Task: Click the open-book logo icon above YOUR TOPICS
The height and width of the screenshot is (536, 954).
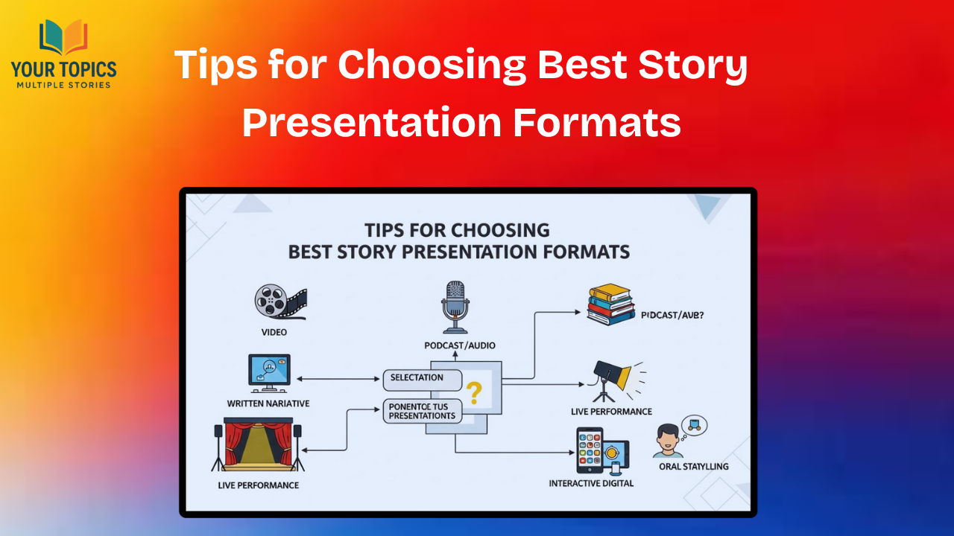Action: [63, 38]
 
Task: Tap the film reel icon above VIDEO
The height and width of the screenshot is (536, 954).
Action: [279, 300]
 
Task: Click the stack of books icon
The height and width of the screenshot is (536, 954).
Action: [610, 304]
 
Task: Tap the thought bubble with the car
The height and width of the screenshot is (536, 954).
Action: [695, 426]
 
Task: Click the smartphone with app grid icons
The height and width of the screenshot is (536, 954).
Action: [590, 450]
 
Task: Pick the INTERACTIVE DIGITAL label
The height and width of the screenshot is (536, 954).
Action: [591, 483]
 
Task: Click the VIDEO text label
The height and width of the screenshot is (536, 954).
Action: [274, 332]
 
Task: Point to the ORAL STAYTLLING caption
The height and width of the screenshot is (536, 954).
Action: [693, 467]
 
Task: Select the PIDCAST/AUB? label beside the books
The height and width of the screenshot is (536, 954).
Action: [672, 315]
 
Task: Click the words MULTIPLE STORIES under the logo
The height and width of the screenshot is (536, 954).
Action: [63, 84]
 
